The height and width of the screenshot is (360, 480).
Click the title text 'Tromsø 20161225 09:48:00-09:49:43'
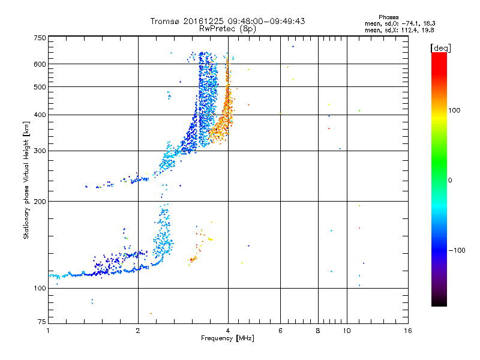click(x=227, y=21)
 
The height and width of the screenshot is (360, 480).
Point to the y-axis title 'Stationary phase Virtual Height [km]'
click(x=26, y=180)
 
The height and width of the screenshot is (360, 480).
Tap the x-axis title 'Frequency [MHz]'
click(x=227, y=339)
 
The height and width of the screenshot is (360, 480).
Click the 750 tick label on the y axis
click(x=40, y=38)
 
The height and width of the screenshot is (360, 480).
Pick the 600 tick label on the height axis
click(x=40, y=64)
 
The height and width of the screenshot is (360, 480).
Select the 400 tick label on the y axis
click(x=40, y=115)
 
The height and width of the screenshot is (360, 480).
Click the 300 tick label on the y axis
click(x=40, y=151)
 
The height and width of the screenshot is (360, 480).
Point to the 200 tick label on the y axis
click(x=40, y=202)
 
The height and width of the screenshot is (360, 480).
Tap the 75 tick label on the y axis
click(x=41, y=323)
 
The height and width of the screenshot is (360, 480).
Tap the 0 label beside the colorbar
click(x=449, y=180)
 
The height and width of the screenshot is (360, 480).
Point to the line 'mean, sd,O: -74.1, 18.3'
click(x=403, y=23)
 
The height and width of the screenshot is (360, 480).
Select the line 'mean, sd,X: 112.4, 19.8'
click(x=403, y=29)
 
